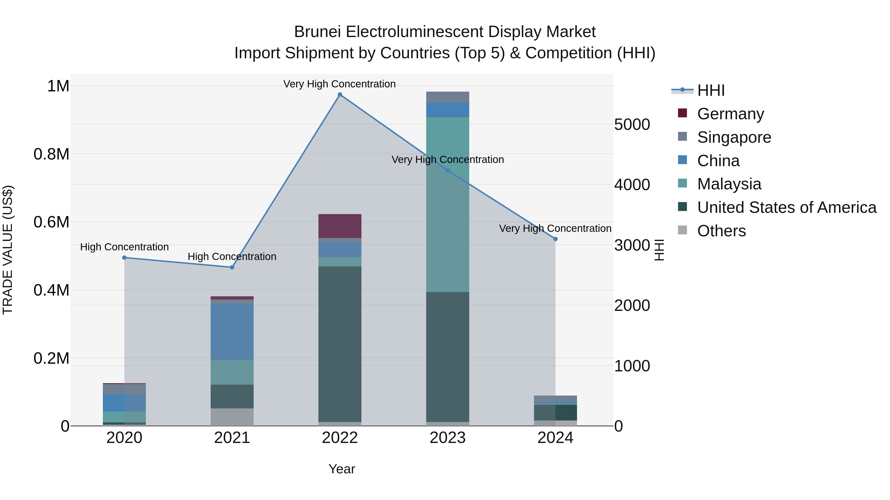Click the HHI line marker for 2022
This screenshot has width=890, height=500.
click(x=340, y=95)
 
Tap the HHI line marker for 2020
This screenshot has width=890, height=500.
click(x=124, y=258)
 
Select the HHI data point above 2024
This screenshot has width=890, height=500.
click(x=555, y=239)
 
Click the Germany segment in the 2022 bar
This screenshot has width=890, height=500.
click(x=340, y=226)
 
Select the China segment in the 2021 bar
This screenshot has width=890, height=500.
click(x=232, y=331)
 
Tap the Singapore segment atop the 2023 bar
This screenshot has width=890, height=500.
click(x=447, y=97)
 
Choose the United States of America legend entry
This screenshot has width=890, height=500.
click(x=786, y=208)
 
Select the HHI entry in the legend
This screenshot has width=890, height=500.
click(x=711, y=90)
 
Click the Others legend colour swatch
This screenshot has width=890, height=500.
click(x=682, y=230)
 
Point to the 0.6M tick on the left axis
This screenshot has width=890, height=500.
click(x=51, y=222)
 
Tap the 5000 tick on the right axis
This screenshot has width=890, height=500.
click(x=632, y=125)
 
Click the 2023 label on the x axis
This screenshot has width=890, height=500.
click(x=447, y=438)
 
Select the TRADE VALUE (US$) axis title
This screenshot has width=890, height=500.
click(x=8, y=250)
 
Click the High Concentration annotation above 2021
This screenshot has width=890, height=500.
click(x=232, y=257)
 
